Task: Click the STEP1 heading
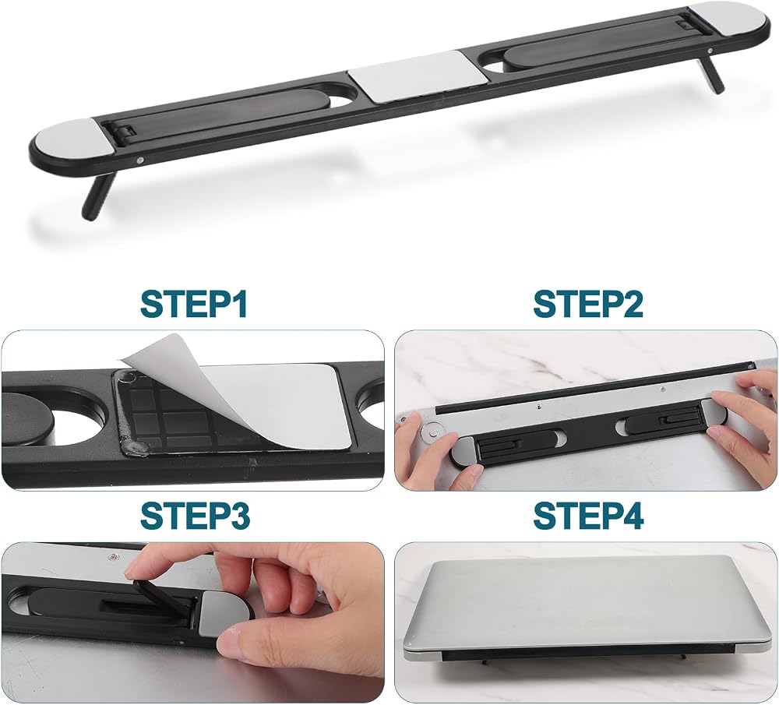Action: [194, 303]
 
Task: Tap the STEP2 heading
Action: [588, 303]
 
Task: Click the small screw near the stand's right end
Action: [711, 50]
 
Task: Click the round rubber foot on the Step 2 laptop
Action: [432, 432]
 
